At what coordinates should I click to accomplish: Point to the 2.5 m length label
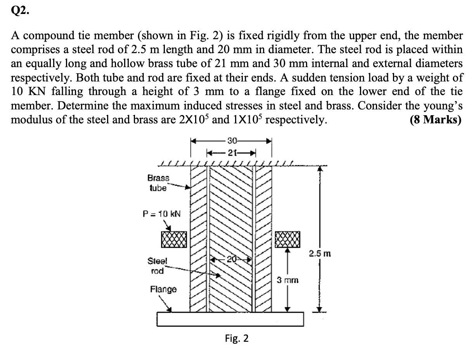coord(320,254)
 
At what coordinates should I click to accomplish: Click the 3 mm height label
coord(287,280)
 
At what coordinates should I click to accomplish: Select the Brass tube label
coord(158,183)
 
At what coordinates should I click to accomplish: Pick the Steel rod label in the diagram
coord(156,266)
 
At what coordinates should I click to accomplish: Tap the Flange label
coord(163,289)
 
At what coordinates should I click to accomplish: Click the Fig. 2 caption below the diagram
coord(237,339)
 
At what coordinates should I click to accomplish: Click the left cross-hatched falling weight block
coord(174,239)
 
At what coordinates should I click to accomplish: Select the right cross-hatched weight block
coord(287,239)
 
